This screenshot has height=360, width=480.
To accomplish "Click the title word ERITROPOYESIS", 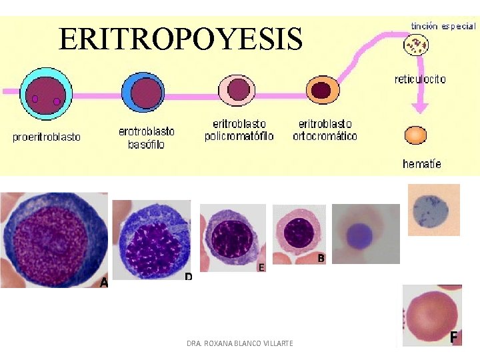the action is [x=181, y=39].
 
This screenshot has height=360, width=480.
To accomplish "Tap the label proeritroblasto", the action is [x=47, y=137].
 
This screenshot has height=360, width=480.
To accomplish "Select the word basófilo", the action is [x=146, y=144].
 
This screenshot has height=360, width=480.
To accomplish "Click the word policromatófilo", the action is [x=239, y=136].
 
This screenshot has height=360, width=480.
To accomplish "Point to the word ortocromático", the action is [x=325, y=136].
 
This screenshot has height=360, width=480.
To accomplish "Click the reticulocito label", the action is [x=420, y=79].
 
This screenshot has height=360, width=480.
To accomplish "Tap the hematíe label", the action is [x=422, y=164].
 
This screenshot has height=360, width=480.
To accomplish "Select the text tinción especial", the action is [x=443, y=26].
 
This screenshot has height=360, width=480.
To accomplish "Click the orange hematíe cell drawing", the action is [x=415, y=135].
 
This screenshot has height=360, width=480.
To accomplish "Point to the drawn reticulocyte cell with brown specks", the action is [x=416, y=45].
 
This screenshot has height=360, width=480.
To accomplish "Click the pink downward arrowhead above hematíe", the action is [x=420, y=108].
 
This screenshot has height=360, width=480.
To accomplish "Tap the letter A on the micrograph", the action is [x=104, y=282].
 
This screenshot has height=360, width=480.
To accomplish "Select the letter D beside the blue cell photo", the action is [x=188, y=277].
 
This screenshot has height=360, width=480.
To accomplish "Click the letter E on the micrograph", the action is [x=261, y=267].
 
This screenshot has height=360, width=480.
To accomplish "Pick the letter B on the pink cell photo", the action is [x=321, y=259].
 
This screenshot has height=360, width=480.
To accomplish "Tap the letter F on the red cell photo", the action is [x=454, y=337].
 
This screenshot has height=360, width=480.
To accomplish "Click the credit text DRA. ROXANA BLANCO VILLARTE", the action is [x=240, y=343].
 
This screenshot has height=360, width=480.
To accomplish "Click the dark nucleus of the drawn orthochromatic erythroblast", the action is [x=321, y=91].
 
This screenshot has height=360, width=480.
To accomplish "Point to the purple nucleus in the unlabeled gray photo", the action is [x=359, y=236].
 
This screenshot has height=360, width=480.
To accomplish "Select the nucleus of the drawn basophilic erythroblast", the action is [x=146, y=93].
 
